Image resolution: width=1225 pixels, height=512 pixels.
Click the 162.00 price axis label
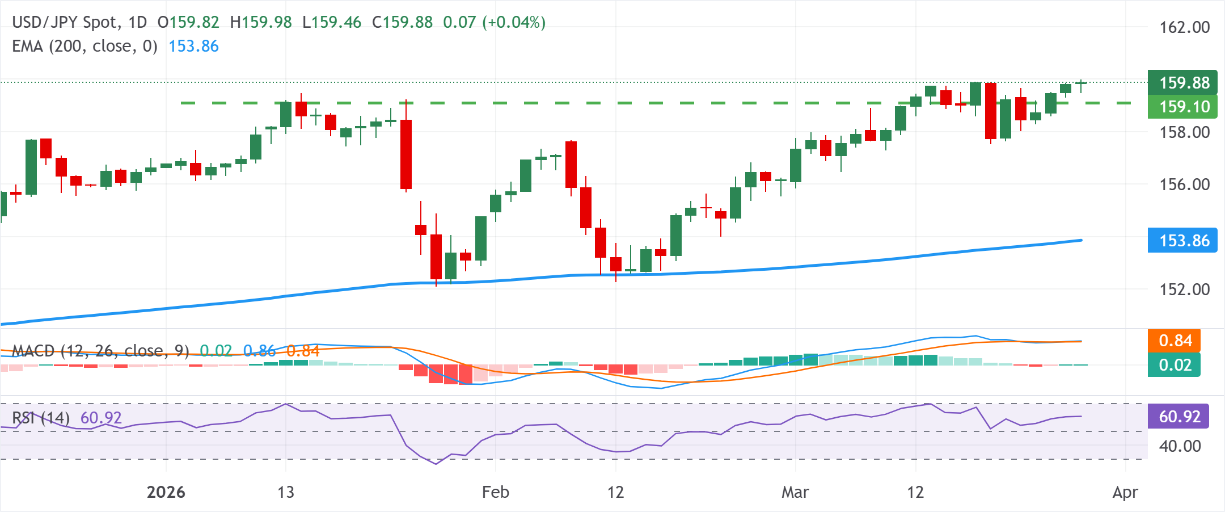tap(1184, 27)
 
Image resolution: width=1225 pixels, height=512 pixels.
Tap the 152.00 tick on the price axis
tap(1184, 289)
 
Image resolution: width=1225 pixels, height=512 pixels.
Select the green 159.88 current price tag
tap(1183, 83)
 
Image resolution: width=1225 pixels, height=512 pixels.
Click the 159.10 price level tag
tap(1183, 107)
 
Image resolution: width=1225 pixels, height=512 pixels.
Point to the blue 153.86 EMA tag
tap(1183, 241)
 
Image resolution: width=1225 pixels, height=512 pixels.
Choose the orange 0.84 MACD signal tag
tap(1175, 341)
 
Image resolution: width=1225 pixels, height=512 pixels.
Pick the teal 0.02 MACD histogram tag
tap(1175, 365)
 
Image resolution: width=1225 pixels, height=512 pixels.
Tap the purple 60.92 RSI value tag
tap(1178, 417)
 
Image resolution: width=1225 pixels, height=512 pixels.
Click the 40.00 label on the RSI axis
tap(1180, 446)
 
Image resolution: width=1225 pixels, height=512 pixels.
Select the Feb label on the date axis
tap(495, 492)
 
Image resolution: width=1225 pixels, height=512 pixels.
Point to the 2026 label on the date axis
tap(166, 492)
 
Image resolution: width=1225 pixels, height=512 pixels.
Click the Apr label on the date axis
tap(1125, 492)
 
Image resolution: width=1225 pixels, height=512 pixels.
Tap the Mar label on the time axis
tap(795, 492)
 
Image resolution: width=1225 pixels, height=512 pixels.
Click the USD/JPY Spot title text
tap(65, 23)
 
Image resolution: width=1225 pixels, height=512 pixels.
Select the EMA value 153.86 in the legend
tap(193, 47)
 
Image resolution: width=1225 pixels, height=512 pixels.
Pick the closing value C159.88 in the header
tap(402, 23)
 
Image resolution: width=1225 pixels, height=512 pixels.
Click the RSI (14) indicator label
tap(41, 418)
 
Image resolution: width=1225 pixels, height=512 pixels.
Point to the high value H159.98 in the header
tap(261, 23)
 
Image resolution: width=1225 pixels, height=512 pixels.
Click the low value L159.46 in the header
tap(332, 23)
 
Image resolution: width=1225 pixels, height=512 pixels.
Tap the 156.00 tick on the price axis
tap(1184, 184)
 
